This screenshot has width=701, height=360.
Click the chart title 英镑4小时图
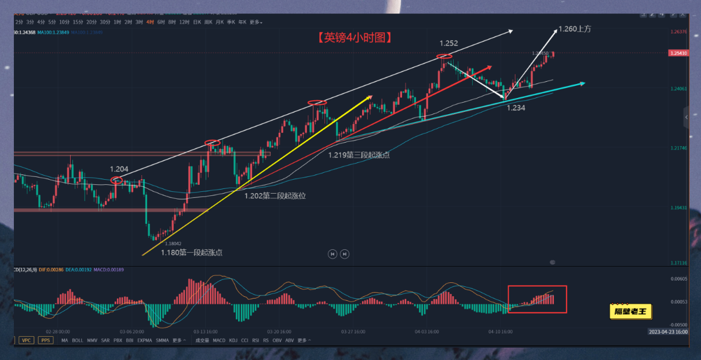click(x=355, y=38)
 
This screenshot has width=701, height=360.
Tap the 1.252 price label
click(x=448, y=43)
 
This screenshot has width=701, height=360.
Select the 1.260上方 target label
click(x=575, y=28)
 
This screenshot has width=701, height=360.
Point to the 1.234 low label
click(x=516, y=107)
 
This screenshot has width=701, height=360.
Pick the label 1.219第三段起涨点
click(x=359, y=155)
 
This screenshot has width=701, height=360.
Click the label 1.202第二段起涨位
click(x=275, y=196)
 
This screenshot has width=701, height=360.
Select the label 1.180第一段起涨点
click(x=192, y=252)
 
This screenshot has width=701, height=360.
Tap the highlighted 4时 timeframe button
click(x=150, y=22)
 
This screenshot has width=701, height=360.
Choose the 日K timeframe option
click(x=197, y=22)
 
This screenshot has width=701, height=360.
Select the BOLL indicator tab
click(x=77, y=340)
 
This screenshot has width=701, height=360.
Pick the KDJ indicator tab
click(x=233, y=340)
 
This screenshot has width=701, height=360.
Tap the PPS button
click(x=45, y=340)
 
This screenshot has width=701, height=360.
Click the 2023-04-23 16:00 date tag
click(x=668, y=332)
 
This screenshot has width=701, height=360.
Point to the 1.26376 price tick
click(x=678, y=32)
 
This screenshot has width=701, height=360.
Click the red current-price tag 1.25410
click(x=678, y=53)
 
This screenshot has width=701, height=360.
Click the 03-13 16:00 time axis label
click(x=206, y=332)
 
